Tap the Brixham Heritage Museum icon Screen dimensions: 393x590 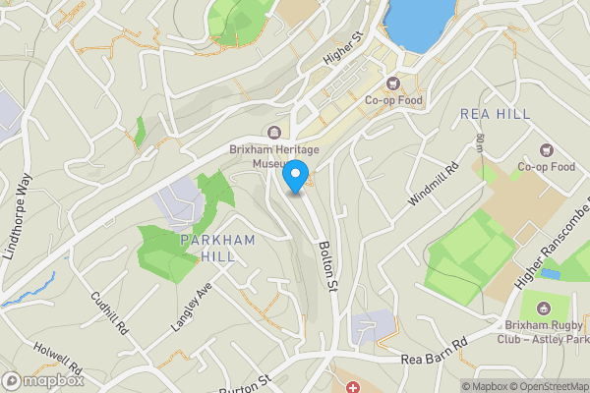click(x=274, y=133)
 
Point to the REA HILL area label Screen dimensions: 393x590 click(x=495, y=114)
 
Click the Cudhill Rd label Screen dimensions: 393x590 click(x=109, y=313)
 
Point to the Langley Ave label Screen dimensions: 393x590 click(x=192, y=305)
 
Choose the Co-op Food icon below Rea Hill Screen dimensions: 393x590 click(x=546, y=150)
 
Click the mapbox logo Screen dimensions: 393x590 click(x=41, y=380)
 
